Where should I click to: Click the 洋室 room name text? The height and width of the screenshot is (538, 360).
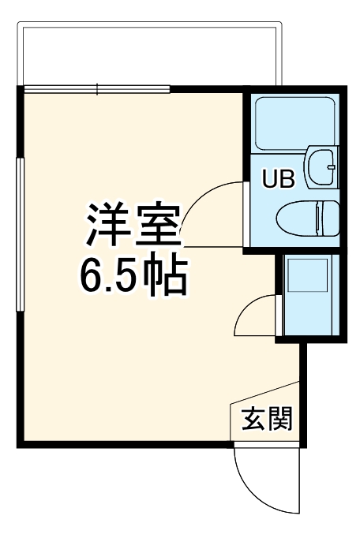133,225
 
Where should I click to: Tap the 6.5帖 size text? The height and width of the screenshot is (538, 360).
132,276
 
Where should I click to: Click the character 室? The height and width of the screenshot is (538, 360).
160,225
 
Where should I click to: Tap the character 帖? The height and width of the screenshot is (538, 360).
169,276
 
